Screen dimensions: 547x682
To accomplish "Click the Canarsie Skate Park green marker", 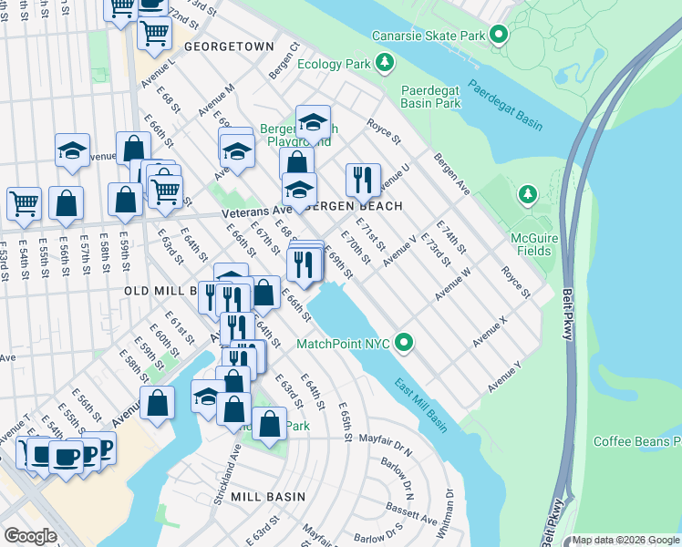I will pyautogui.click(x=498, y=36).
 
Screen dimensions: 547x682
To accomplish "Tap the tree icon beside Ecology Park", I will pyautogui.click(x=386, y=63).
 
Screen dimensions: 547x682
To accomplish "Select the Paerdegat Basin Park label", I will pyautogui.click(x=444, y=97).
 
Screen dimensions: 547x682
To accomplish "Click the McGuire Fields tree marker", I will pyautogui.click(x=526, y=194).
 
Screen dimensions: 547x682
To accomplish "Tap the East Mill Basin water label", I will pyautogui.click(x=421, y=406).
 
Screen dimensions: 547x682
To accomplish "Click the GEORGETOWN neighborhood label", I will pyautogui.click(x=229, y=46).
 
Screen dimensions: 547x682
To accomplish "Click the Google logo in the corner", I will pyautogui.click(x=31, y=535).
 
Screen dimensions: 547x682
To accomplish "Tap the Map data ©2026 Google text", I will pyautogui.click(x=625, y=540).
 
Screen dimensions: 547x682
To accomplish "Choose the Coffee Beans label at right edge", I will pyautogui.click(x=637, y=441).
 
